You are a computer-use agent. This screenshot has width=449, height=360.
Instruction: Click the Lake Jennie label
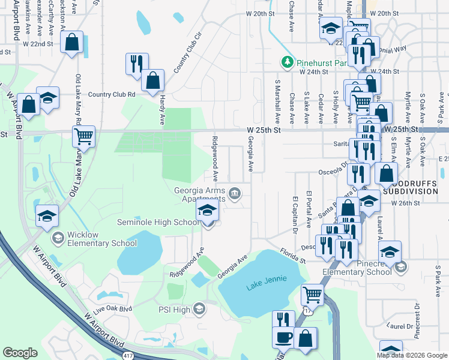point(267,280)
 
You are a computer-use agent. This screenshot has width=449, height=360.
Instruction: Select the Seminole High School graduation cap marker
point(207,211)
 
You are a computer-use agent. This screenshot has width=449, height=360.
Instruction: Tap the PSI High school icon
point(199,309)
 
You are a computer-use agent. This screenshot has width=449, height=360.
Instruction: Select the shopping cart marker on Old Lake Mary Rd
point(83,136)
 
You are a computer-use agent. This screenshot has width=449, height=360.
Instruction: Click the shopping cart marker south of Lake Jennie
point(312,295)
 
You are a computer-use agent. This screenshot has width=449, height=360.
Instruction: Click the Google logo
point(20,353)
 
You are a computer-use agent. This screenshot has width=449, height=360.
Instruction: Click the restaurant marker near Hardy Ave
point(136,63)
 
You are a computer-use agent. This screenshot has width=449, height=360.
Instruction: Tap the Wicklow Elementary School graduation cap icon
point(58,238)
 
